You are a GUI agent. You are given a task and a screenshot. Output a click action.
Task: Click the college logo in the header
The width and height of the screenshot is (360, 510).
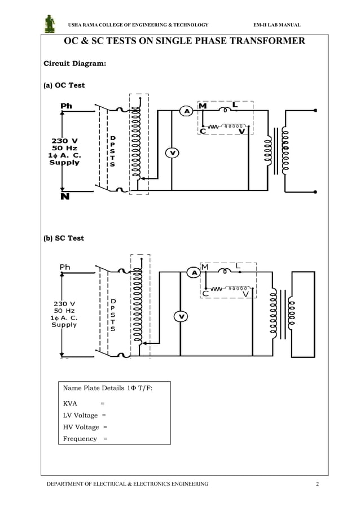tap(50, 24)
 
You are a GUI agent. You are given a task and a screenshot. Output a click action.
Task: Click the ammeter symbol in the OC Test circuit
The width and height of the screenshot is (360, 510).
tap(186, 111)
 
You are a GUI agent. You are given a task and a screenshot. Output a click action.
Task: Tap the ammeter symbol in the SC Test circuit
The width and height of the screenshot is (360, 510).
tap(195, 273)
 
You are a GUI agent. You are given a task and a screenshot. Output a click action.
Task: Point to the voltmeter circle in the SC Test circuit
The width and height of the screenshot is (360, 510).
tap(180, 316)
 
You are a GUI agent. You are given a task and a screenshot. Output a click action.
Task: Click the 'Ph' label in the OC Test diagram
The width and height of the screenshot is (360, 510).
tap(66, 106)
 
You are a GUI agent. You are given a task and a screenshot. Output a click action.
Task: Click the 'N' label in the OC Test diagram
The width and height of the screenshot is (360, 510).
tap(65, 197)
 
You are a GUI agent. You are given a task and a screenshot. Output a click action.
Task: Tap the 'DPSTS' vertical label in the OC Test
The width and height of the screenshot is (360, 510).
tap(112, 151)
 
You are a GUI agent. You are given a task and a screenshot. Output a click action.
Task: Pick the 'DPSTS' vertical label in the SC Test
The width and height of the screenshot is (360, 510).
tap(113, 315)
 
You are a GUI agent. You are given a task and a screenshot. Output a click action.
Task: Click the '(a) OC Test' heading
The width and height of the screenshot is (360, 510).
tap(64, 85)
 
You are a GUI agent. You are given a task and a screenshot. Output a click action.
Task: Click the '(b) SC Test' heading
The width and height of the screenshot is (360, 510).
tap(64, 238)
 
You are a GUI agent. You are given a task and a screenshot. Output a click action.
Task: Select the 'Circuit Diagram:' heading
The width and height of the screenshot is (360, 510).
tap(74, 64)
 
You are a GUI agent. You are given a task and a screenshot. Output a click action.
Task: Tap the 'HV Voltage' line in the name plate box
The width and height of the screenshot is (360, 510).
tap(81, 427)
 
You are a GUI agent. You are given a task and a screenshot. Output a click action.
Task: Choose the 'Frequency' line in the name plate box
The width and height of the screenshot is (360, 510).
tap(80, 439)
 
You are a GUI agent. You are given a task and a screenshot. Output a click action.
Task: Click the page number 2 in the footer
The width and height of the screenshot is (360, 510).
tap(317, 484)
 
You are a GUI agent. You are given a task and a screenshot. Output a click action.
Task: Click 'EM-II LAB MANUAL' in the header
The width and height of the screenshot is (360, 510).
tap(277, 25)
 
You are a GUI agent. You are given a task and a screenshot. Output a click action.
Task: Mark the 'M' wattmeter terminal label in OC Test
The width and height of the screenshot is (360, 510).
tap(203, 106)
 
